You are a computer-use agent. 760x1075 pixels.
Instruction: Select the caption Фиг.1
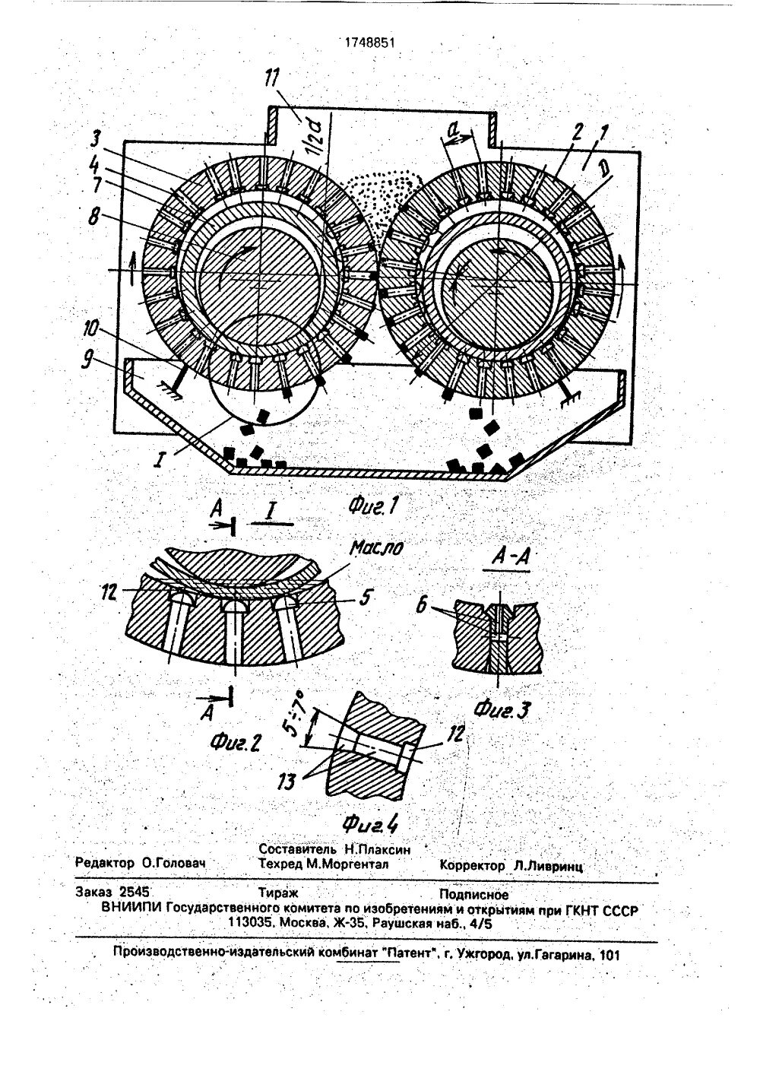pyautogui.click(x=373, y=505)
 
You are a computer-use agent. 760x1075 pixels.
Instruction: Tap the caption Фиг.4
pyautogui.click(x=371, y=823)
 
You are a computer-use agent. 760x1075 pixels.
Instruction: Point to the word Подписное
pyautogui.click(x=473, y=894)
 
